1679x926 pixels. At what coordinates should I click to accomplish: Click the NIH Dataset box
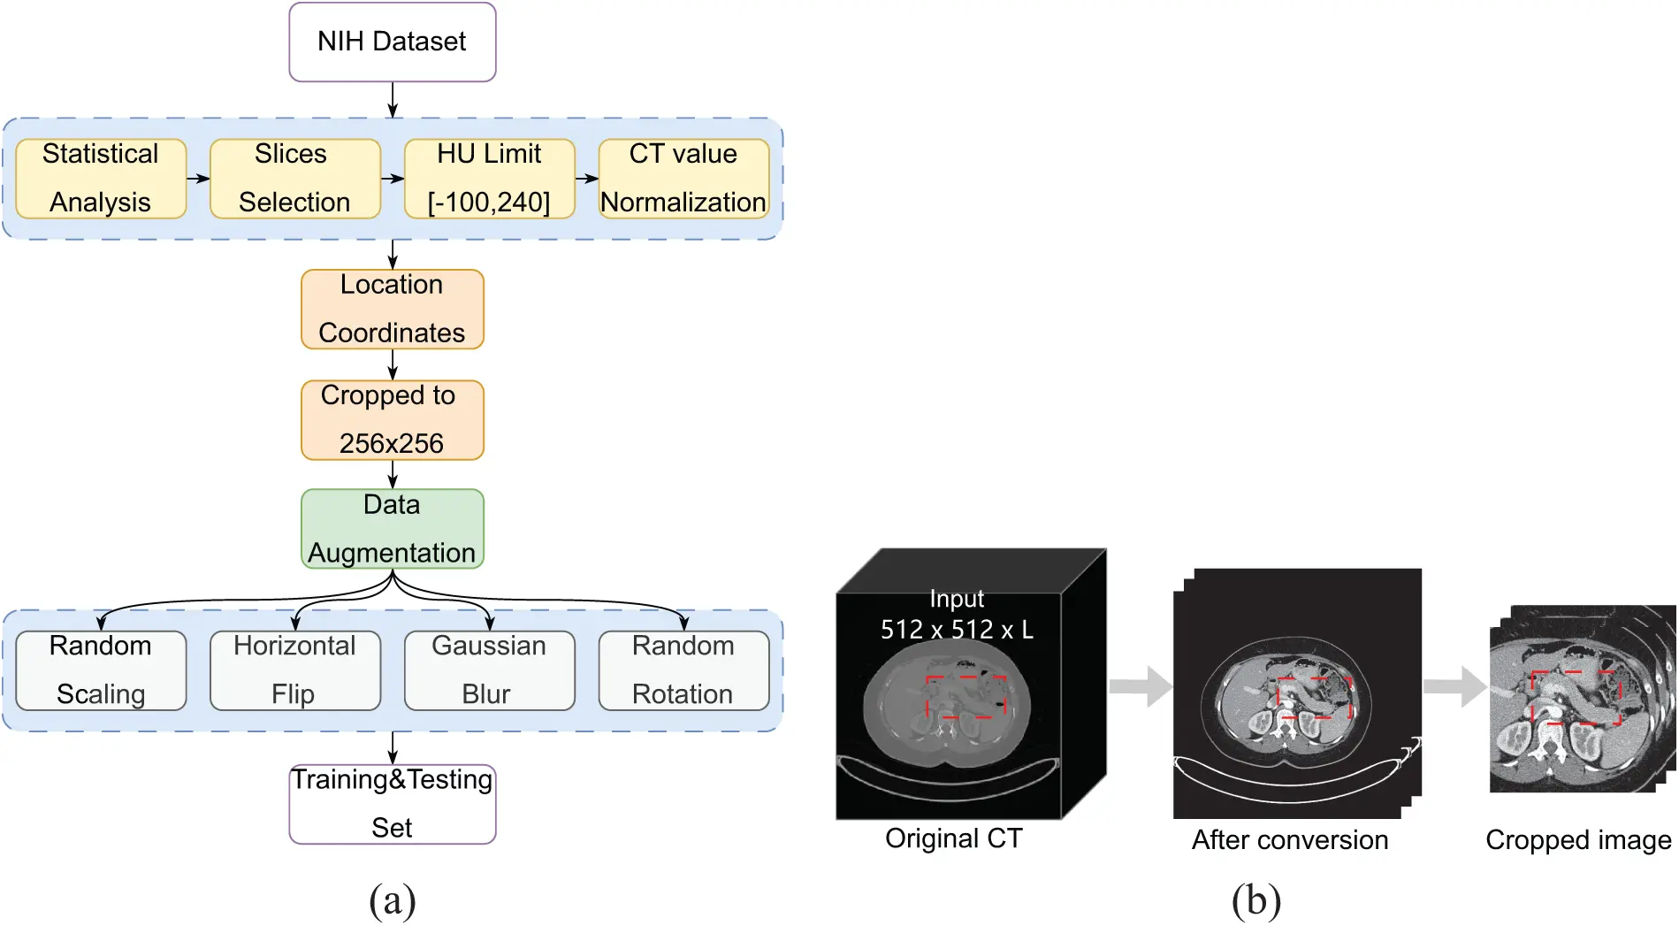[392, 42]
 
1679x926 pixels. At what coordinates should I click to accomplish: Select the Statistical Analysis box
[101, 178]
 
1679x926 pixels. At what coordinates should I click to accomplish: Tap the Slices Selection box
[294, 178]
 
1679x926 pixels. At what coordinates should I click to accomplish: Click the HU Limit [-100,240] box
[489, 178]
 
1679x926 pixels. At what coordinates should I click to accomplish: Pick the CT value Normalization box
[683, 178]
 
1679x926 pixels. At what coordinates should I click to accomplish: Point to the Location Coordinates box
[392, 309]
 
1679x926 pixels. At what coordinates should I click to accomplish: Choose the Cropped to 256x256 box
[392, 419]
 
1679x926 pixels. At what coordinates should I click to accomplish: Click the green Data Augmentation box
[392, 528]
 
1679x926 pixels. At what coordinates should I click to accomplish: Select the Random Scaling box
[101, 670]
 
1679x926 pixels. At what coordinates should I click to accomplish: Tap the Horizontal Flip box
[294, 670]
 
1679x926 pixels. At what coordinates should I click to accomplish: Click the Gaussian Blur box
[489, 670]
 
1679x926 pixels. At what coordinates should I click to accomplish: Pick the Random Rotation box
[683, 670]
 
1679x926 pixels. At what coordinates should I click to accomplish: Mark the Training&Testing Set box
[392, 803]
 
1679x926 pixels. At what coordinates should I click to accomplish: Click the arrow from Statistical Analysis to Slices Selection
[198, 179]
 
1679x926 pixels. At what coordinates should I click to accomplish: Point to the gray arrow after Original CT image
[1140, 686]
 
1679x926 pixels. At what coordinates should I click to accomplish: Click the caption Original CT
[953, 838]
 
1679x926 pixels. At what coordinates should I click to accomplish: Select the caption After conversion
[1289, 839]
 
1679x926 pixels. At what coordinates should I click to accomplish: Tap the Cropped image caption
[1577, 839]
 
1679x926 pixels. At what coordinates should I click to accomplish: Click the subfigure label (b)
[1255, 900]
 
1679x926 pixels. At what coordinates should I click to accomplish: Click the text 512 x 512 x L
[957, 629]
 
